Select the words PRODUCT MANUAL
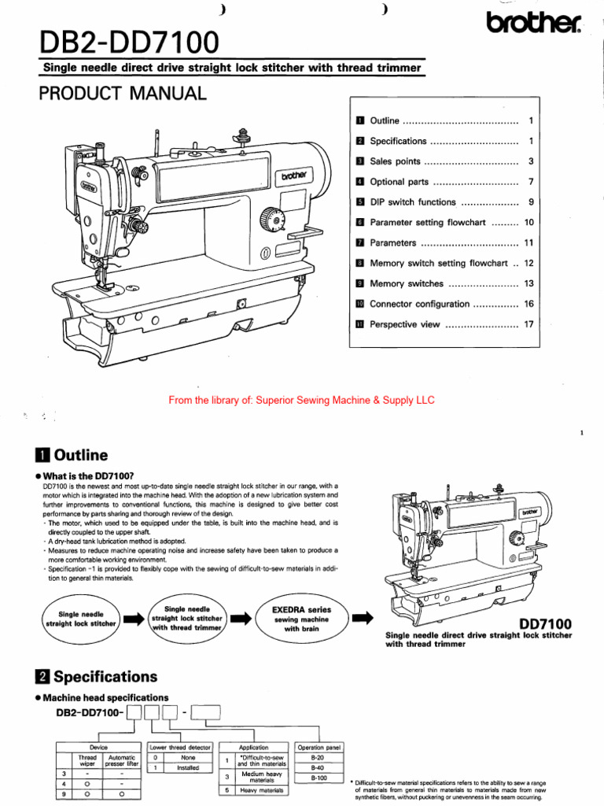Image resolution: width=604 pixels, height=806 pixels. coord(123,94)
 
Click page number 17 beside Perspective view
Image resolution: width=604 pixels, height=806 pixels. coord(528,324)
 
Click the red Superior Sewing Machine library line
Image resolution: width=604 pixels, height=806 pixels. coord(301,400)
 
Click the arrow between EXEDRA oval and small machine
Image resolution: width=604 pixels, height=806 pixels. coord(362,619)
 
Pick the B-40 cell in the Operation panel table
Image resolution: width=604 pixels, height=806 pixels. coord(318,767)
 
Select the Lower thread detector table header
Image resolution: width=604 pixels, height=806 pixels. coord(179,747)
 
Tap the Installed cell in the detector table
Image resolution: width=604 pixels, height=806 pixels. coord(187,767)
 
